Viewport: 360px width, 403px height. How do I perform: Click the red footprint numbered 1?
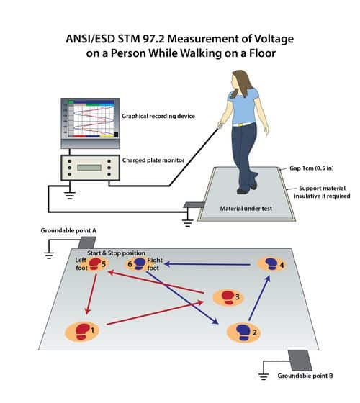point(83,331)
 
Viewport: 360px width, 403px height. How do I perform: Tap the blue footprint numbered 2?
point(243,332)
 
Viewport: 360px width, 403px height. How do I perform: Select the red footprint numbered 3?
point(228,297)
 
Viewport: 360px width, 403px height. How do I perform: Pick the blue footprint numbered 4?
point(272,264)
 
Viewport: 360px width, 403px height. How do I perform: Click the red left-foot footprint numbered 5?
point(95,264)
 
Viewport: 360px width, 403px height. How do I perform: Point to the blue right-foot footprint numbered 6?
point(140,264)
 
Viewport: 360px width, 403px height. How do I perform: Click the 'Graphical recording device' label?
point(158,116)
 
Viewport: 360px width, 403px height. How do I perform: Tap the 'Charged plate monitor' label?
point(153,160)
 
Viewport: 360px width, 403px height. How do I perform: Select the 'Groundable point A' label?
point(68,230)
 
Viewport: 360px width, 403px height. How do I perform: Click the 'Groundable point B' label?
point(305,376)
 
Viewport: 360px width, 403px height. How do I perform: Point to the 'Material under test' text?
point(246,209)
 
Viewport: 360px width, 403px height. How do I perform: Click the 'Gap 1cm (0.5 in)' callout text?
point(312,168)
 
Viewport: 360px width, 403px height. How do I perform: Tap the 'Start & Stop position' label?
point(116,253)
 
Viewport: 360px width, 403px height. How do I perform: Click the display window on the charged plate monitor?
point(89,168)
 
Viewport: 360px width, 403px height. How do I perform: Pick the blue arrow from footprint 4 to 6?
point(207,264)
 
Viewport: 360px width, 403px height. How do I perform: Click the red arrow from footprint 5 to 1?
point(91,294)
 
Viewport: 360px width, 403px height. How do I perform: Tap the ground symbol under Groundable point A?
point(49,255)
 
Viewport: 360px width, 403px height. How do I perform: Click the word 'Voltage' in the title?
point(274,39)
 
